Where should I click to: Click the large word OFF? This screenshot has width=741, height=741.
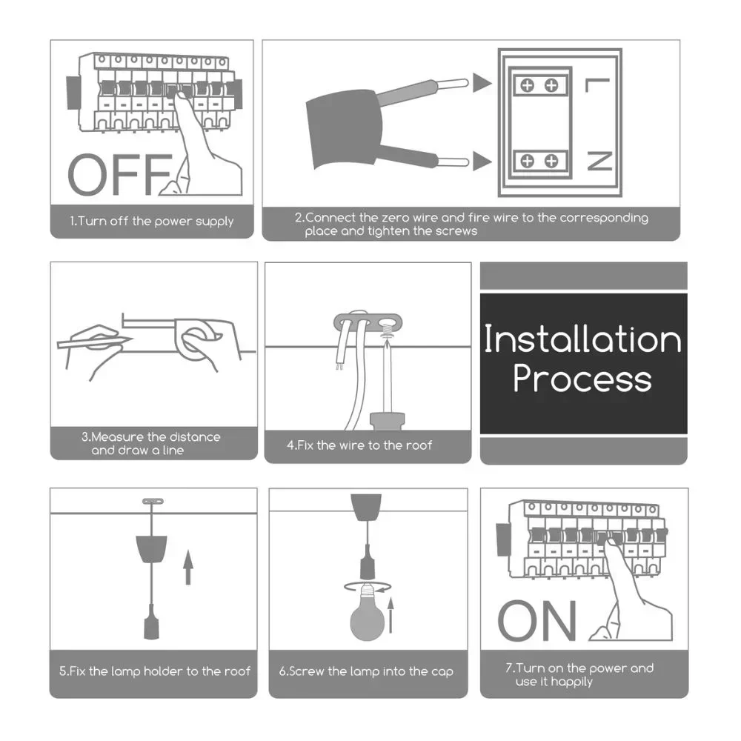(x=121, y=174)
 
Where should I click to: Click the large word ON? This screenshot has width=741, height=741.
(x=537, y=620)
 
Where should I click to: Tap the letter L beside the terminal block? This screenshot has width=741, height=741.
(x=598, y=85)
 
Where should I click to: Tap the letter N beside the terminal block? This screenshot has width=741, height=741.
(x=599, y=161)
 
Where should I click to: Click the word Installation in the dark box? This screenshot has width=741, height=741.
(x=582, y=339)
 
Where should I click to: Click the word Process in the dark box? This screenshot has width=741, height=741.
(x=582, y=379)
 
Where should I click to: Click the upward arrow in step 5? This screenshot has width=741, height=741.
(x=188, y=567)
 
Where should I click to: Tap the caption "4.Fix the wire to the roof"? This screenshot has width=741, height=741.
(x=359, y=445)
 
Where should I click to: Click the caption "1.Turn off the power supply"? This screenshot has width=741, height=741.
(x=152, y=221)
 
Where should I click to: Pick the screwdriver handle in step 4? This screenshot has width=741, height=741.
(x=388, y=422)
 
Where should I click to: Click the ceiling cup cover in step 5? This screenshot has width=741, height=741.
(x=151, y=548)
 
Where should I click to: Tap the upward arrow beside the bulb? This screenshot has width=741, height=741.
(x=391, y=615)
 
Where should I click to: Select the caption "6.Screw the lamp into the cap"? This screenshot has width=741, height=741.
(x=366, y=671)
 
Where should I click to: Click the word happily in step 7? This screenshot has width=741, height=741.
(x=571, y=682)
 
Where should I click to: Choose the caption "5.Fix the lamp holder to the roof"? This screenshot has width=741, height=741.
(x=155, y=671)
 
